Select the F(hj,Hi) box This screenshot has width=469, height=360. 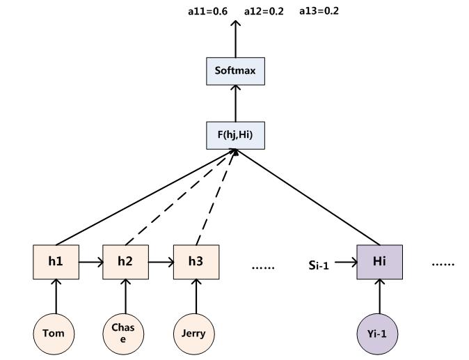coord(236,134)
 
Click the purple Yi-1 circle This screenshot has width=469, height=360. coord(379,333)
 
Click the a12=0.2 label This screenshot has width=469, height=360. coord(264,11)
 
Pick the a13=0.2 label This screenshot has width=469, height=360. coord(319,11)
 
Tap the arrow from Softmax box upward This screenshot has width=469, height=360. coord(236,39)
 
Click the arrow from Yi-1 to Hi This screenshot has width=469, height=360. coord(379,298)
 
